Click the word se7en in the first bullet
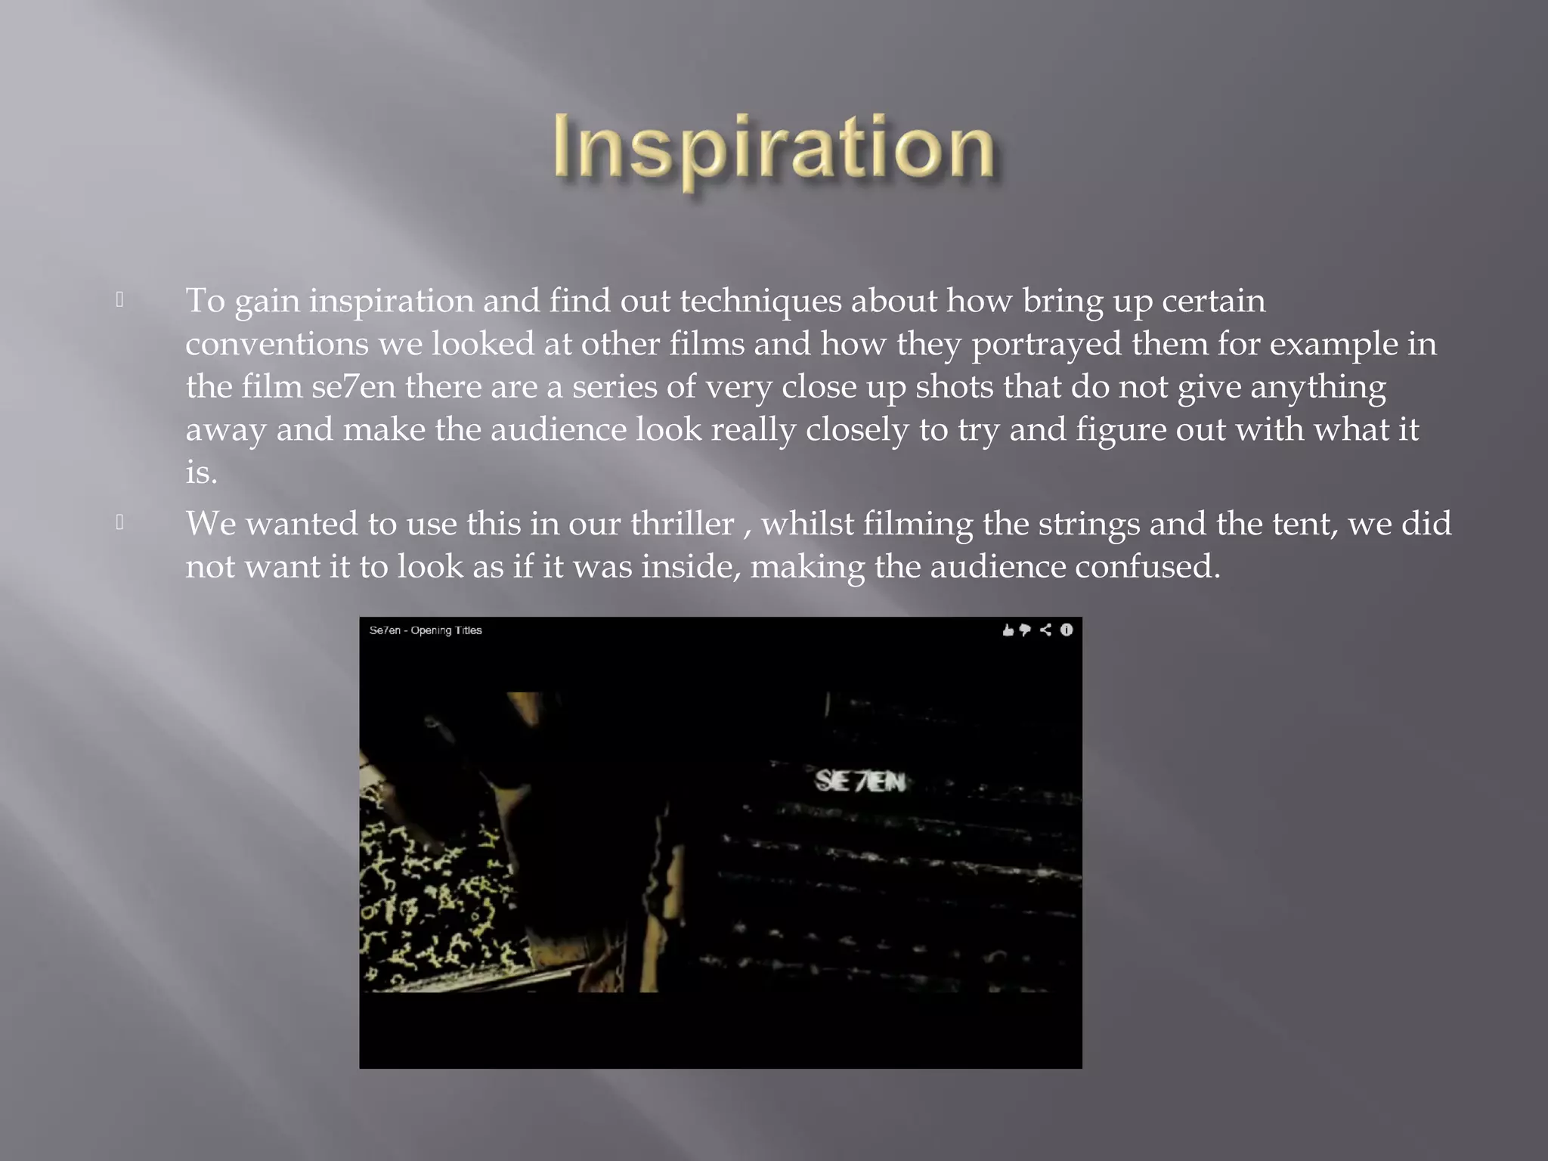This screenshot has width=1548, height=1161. (354, 387)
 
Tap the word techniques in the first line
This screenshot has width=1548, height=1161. (760, 301)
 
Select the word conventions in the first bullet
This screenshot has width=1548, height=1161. (277, 345)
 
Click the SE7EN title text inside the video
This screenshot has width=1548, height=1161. (860, 781)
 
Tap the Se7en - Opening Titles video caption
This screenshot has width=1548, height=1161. (426, 630)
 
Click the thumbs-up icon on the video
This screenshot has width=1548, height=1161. (1008, 630)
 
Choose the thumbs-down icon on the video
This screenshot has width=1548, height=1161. (1025, 630)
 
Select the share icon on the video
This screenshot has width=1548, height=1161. (1045, 630)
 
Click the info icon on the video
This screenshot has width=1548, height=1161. (1067, 630)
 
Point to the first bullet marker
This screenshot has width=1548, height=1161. (119, 301)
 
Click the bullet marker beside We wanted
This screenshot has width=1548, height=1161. (119, 523)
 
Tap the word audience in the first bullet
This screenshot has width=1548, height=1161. (559, 430)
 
